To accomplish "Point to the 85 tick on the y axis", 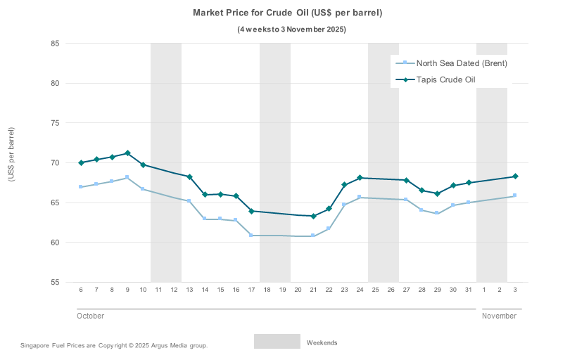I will click(54, 44).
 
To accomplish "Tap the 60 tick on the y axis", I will click(54, 243).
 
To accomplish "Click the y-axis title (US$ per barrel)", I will click(11, 155).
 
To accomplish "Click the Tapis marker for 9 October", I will click(127, 153).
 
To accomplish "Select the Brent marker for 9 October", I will click(127, 177).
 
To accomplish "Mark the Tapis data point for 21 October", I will click(313, 216).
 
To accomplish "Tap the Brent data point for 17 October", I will click(251, 235).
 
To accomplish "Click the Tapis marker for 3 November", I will click(515, 176).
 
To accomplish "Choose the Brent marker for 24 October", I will click(360, 197).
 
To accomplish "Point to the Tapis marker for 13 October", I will click(189, 176).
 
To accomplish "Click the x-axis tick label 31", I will click(469, 290).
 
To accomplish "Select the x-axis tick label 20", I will click(298, 290).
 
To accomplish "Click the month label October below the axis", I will click(90, 316).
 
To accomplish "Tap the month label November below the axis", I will click(499, 316).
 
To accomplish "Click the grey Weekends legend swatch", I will click(277, 342).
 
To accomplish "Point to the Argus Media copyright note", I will click(114, 345).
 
